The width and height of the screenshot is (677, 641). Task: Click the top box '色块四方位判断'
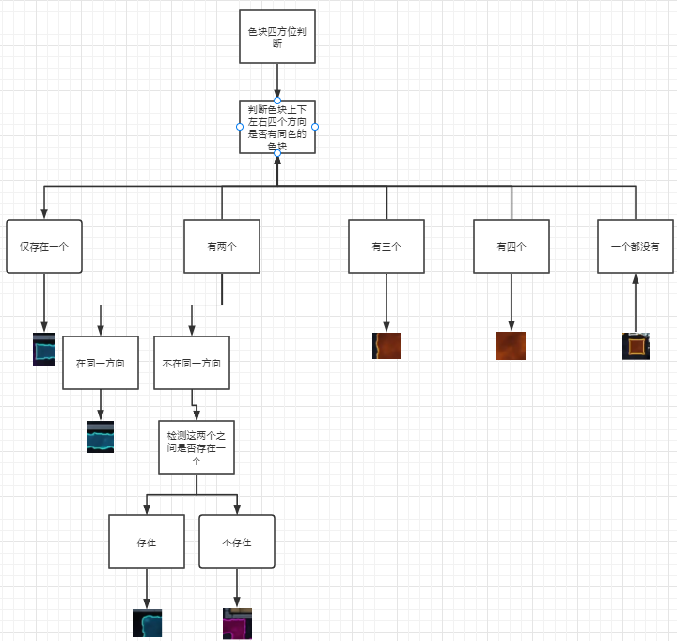click(277, 37)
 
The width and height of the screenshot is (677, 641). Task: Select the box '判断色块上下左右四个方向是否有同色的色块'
click(277, 127)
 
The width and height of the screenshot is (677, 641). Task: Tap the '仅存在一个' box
click(44, 246)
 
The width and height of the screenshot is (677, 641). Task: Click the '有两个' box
click(222, 246)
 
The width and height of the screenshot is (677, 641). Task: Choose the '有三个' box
click(386, 246)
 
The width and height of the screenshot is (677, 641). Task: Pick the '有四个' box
click(512, 246)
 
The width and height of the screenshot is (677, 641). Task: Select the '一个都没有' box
click(636, 246)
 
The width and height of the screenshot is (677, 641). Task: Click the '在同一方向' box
click(101, 363)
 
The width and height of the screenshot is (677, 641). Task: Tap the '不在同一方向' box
click(192, 363)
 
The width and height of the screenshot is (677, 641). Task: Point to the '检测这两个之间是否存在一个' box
click(197, 447)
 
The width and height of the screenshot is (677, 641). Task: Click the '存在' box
click(147, 541)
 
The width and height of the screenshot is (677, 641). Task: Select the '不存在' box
click(237, 541)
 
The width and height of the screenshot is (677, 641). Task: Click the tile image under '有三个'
click(386, 346)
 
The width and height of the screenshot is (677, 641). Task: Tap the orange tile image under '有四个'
click(511, 346)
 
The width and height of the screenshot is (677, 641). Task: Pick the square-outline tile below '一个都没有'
click(636, 346)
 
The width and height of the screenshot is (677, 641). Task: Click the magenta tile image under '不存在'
click(237, 624)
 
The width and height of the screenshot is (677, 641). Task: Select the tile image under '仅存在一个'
click(44, 349)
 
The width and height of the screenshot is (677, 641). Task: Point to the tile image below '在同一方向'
click(101, 437)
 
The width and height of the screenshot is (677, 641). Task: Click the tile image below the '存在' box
click(147, 624)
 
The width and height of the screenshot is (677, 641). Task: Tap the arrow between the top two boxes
click(277, 81)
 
